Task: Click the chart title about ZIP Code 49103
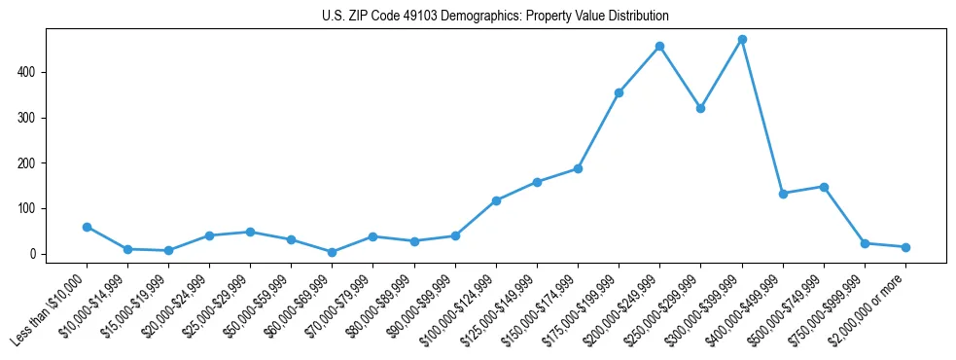coord(495,17)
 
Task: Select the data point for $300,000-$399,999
coord(742,40)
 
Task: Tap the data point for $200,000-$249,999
coord(659,46)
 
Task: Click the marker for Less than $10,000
coord(87,227)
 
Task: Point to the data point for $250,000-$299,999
coord(700,108)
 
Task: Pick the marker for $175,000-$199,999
coord(619,92)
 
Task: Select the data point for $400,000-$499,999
coord(783,194)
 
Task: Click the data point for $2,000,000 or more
coord(905,247)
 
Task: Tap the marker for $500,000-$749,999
coord(824,187)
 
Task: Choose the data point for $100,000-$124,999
coord(496,200)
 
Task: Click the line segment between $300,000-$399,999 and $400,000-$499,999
coord(762,117)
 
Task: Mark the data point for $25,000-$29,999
coord(250,232)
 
